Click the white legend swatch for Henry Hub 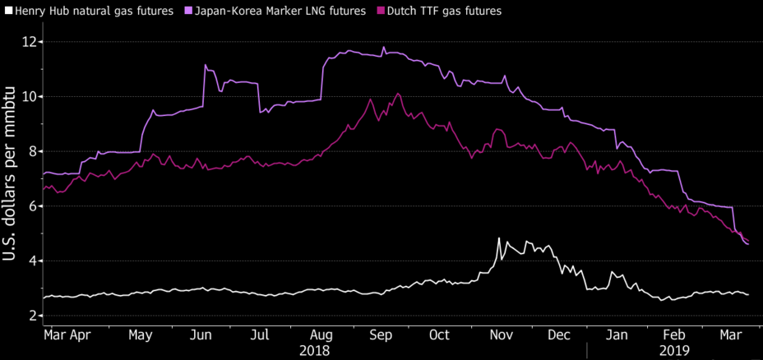point(8,11)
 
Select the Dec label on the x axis point(559,335)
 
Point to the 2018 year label point(314,350)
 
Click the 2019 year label point(675,350)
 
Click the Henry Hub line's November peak point(499,238)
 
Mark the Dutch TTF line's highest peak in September point(398,94)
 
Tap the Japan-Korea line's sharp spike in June point(205,65)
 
